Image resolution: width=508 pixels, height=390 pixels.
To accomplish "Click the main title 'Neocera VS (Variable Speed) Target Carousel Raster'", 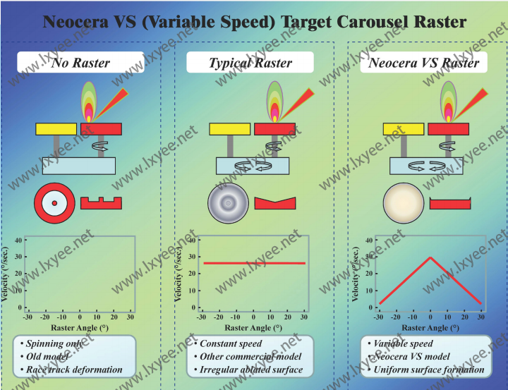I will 254,23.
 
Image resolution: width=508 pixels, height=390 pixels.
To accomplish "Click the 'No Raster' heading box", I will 80,63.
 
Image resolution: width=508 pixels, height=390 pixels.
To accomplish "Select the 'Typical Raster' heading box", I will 250,63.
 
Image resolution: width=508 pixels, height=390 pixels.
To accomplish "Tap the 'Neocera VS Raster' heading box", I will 423,63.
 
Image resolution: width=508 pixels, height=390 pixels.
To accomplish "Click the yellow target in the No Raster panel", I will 56,129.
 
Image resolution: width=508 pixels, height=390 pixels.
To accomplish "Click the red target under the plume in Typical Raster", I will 274,129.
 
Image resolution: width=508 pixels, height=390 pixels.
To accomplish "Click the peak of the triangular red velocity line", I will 430,257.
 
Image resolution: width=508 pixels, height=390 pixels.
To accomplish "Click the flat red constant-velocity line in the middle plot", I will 254,263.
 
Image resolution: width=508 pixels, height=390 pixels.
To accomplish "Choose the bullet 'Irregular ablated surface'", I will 251,370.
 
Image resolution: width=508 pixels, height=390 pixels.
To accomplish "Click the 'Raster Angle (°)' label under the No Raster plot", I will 79,328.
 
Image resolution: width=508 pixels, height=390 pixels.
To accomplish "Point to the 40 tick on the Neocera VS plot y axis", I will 368,240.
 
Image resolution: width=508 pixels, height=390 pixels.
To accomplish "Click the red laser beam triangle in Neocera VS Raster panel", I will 475,99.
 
